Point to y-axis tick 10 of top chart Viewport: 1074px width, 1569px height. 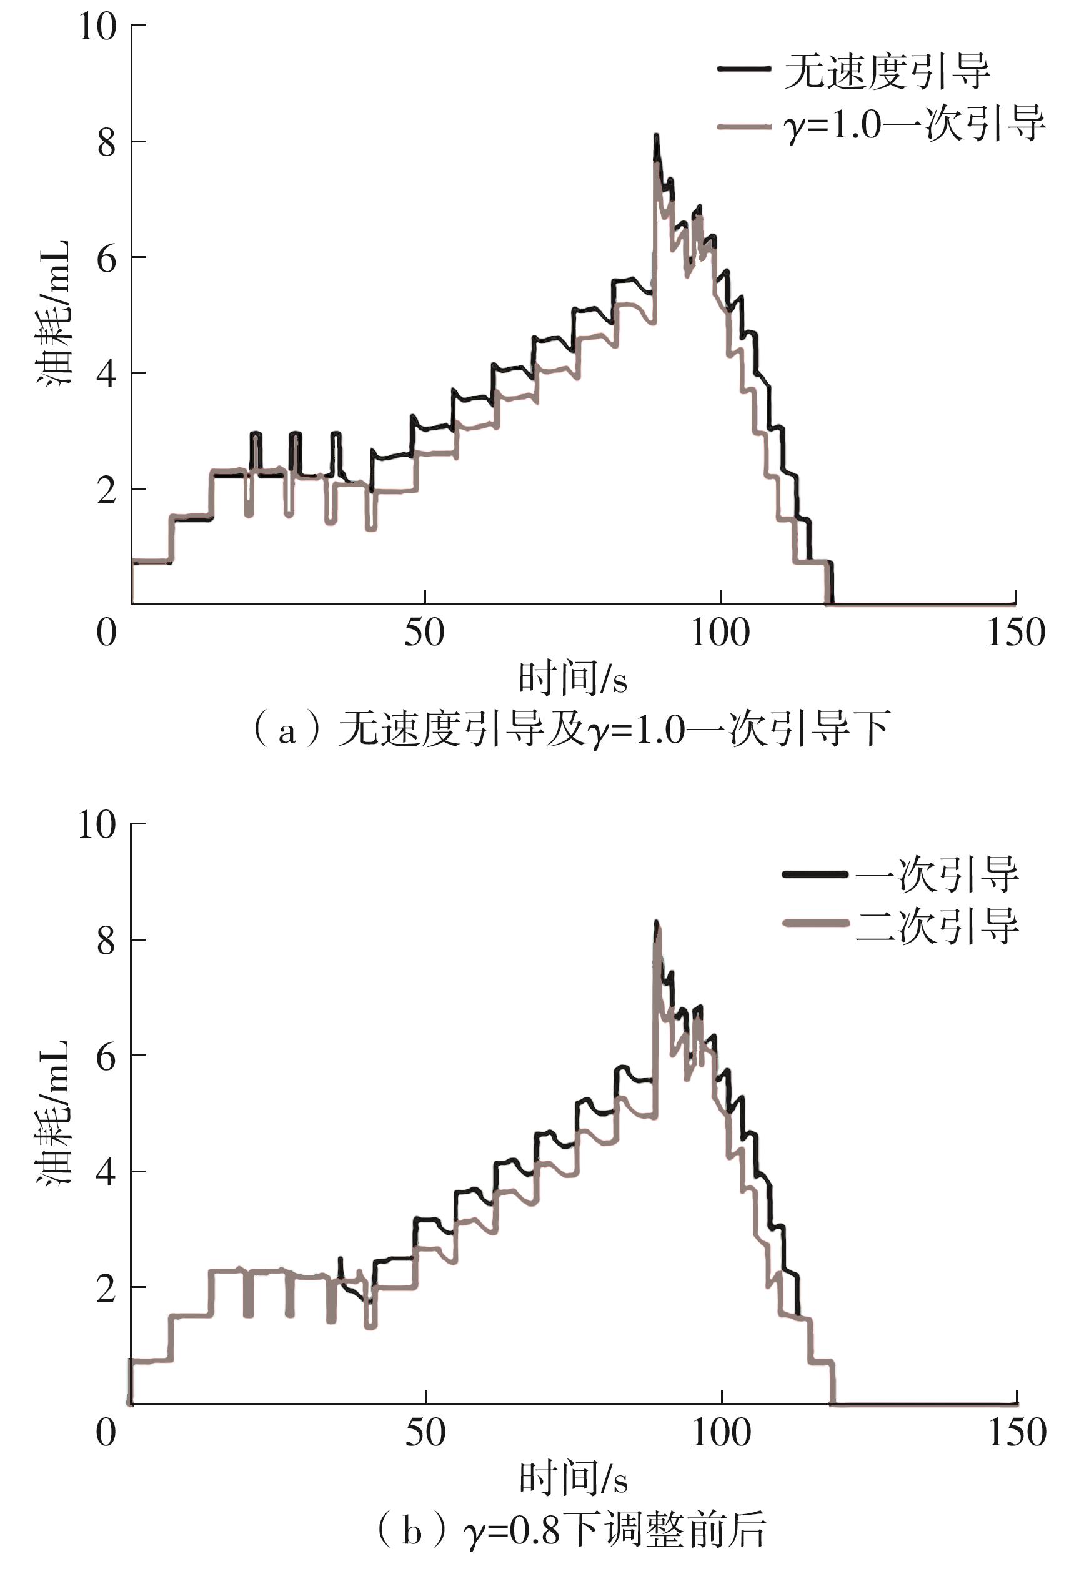(97, 27)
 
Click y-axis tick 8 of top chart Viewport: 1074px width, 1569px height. (107, 143)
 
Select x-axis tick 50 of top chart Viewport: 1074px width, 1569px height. (424, 633)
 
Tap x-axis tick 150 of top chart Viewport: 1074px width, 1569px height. (1015, 633)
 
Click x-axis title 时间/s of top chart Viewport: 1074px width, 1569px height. (573, 679)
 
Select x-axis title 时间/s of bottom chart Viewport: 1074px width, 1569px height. (573, 1479)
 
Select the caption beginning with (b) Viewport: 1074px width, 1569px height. (571, 1530)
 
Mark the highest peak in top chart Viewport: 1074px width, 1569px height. (656, 136)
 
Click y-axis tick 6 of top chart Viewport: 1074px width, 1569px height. (107, 259)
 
